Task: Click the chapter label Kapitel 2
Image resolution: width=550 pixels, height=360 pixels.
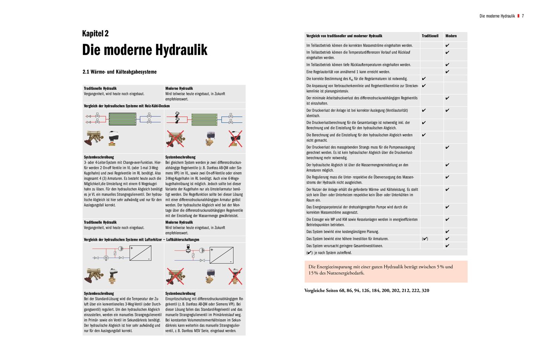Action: click(x=95, y=33)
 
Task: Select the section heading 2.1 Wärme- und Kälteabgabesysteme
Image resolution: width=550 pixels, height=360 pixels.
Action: click(x=119, y=72)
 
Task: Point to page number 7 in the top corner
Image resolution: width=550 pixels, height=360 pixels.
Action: click(x=523, y=16)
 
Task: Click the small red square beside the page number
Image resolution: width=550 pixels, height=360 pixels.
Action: click(x=518, y=16)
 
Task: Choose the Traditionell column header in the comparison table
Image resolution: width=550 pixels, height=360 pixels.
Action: click(x=430, y=36)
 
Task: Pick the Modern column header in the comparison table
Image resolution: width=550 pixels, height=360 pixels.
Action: click(x=451, y=36)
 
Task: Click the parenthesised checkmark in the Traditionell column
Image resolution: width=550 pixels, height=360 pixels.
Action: click(x=425, y=239)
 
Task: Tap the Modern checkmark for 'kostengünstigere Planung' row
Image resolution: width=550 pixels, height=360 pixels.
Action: click(x=447, y=232)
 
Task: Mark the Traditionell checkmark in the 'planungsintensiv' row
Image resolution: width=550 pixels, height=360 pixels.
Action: click(x=424, y=86)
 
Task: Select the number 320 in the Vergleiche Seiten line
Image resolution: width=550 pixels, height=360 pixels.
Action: click(x=425, y=291)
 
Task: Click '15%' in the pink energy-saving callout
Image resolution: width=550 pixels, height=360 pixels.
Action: click(x=313, y=273)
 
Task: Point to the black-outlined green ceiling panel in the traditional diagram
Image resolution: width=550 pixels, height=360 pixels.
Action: click(x=122, y=119)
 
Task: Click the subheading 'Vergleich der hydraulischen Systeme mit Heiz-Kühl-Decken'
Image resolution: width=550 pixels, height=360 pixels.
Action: click(x=126, y=106)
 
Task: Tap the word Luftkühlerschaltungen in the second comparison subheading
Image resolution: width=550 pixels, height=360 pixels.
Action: click(x=183, y=239)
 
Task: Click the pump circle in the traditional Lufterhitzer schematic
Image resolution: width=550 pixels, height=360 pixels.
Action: click(x=121, y=249)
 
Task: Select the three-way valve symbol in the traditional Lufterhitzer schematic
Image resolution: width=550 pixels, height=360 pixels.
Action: click(x=106, y=258)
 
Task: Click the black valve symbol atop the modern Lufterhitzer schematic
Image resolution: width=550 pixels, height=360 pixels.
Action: click(x=188, y=248)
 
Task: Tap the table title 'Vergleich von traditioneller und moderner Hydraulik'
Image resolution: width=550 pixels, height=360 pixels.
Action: click(x=344, y=36)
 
